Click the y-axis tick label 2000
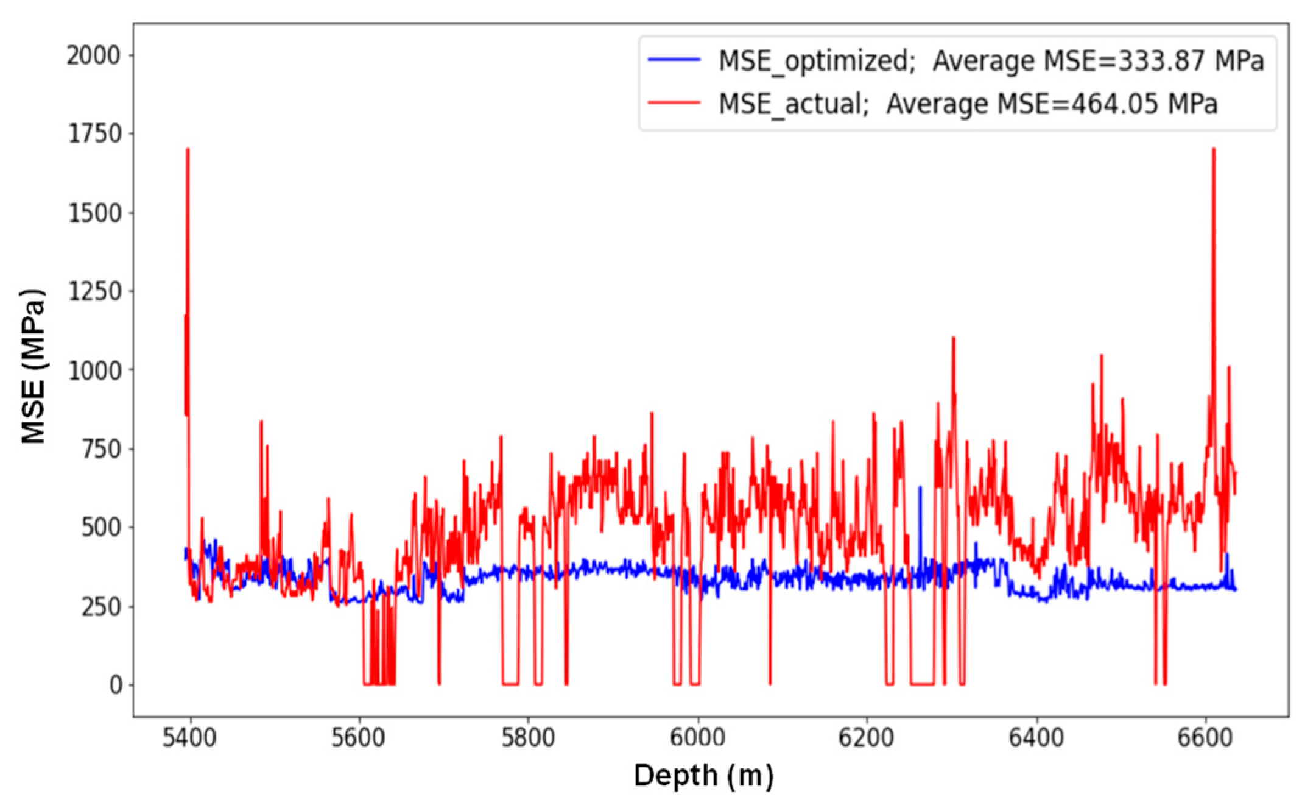[x=94, y=56]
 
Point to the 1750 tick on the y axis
[x=94, y=134]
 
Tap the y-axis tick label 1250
[x=94, y=292]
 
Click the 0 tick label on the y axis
[x=115, y=686]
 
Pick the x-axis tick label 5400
[x=189, y=737]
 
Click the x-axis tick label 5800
[x=527, y=737]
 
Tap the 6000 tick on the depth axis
[x=697, y=737]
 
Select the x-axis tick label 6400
[x=1036, y=737]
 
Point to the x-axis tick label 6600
[x=1205, y=737]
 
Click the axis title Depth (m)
[x=703, y=776]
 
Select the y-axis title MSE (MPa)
[x=33, y=366]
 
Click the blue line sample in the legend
[x=674, y=60]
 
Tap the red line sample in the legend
[x=674, y=102]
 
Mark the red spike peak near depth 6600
[x=1213, y=150]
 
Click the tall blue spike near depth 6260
[x=920, y=487]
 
